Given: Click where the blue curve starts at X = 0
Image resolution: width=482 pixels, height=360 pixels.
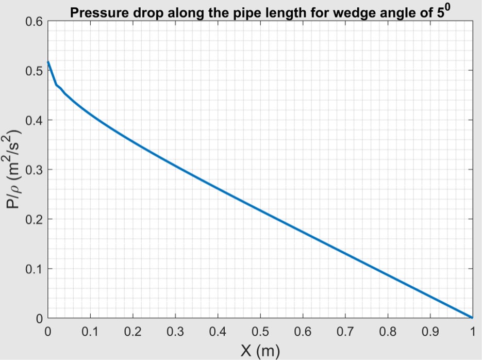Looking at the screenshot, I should (48, 62).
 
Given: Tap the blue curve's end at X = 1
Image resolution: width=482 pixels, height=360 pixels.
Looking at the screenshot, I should (472, 318).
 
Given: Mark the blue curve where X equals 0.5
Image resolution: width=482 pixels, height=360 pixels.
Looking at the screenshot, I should (260, 210).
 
